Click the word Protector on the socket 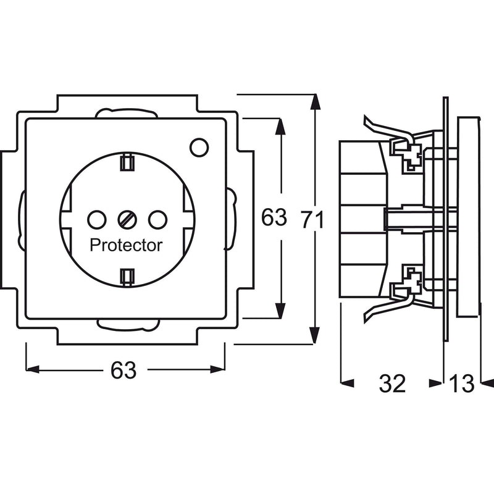126,245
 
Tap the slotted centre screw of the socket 127,220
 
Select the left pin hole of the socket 97,220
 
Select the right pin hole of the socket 158,220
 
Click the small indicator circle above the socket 199,147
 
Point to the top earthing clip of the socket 127,162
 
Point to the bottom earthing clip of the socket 127,277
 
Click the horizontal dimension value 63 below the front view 123,369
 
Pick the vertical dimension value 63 274,217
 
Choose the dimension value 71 312,220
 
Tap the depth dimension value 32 392,383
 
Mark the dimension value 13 461,383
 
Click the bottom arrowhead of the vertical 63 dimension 280,311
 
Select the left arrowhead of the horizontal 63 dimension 33,369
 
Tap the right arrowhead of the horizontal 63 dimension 218,369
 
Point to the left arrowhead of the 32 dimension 348,383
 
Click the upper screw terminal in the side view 411,156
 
